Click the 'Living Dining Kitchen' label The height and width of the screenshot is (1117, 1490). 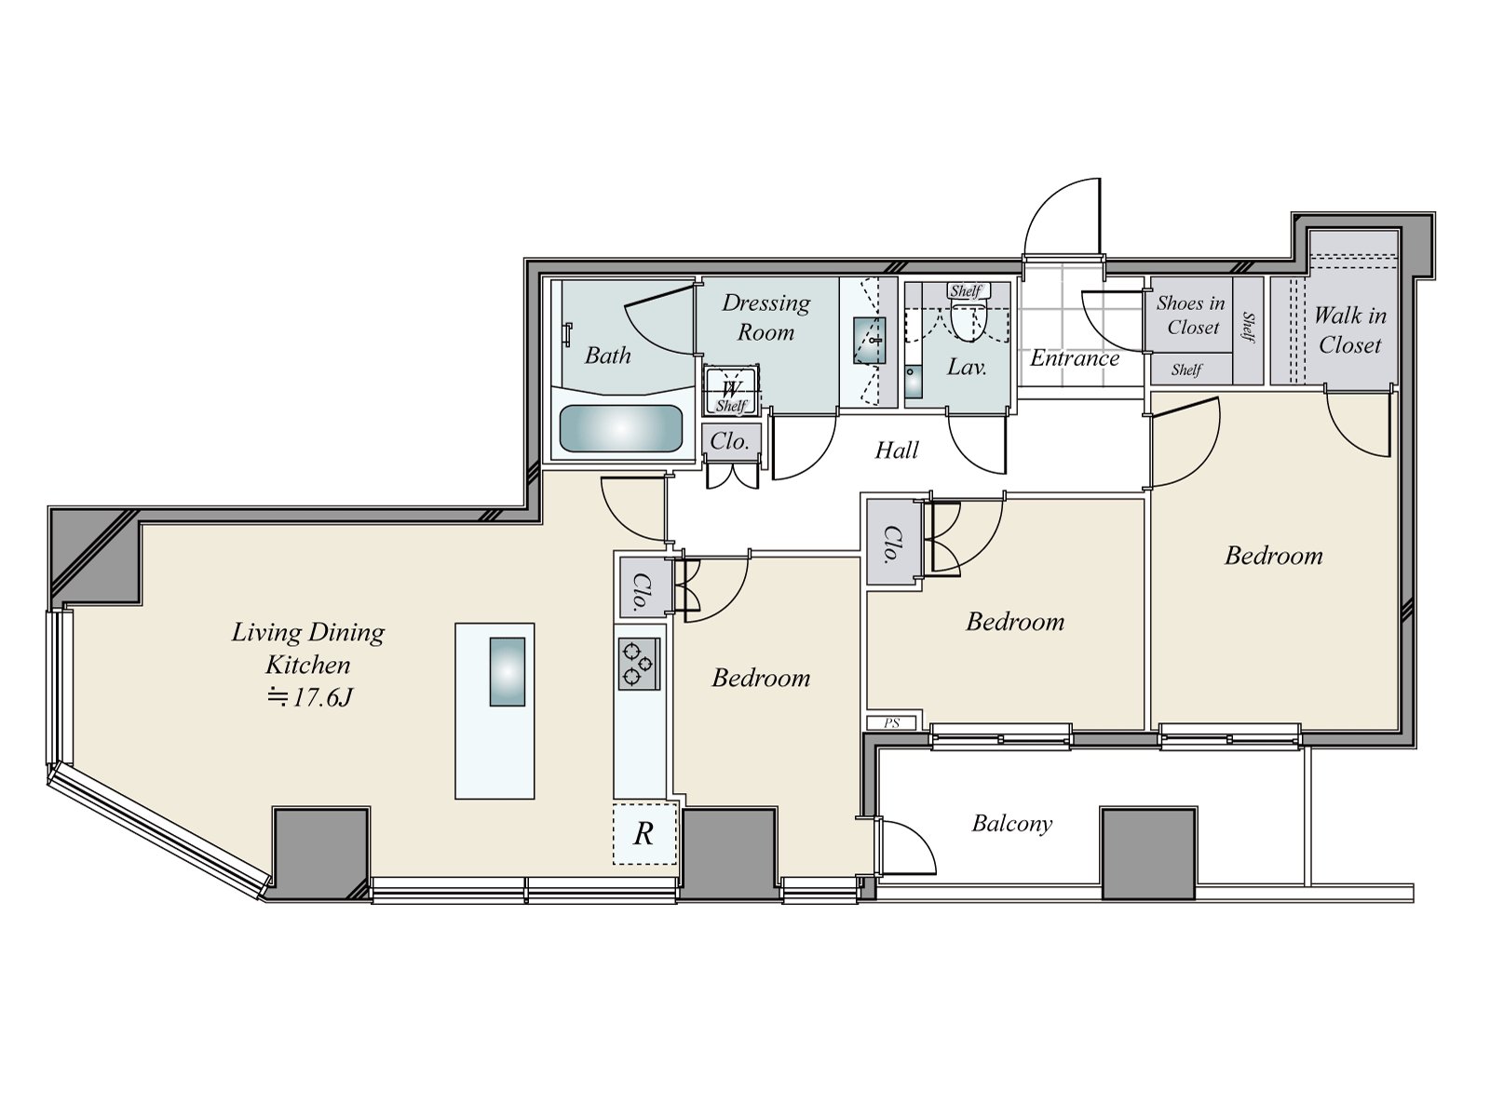coord(307,648)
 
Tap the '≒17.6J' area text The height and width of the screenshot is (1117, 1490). coord(310,697)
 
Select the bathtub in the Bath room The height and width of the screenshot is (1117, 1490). coord(620,429)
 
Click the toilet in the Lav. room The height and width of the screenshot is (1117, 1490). coord(967,321)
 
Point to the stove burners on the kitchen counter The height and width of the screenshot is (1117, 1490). coord(639,664)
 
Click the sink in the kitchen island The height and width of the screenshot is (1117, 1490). coord(507,671)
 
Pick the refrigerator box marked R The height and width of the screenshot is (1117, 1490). coord(643,833)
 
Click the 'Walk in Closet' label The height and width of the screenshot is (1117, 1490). coord(1350,330)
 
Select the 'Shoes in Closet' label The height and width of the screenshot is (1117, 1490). coord(1191,315)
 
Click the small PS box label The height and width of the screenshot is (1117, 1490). coord(892,723)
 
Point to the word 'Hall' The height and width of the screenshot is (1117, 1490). coord(897,451)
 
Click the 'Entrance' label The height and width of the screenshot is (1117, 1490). coord(1074,358)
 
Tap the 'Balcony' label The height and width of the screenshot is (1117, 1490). coord(1011,824)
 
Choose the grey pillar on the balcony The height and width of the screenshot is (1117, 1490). coord(1147,853)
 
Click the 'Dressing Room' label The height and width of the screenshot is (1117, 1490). coord(765,316)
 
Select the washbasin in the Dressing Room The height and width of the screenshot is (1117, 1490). coord(870,341)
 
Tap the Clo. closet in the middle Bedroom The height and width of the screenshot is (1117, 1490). coord(891,544)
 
